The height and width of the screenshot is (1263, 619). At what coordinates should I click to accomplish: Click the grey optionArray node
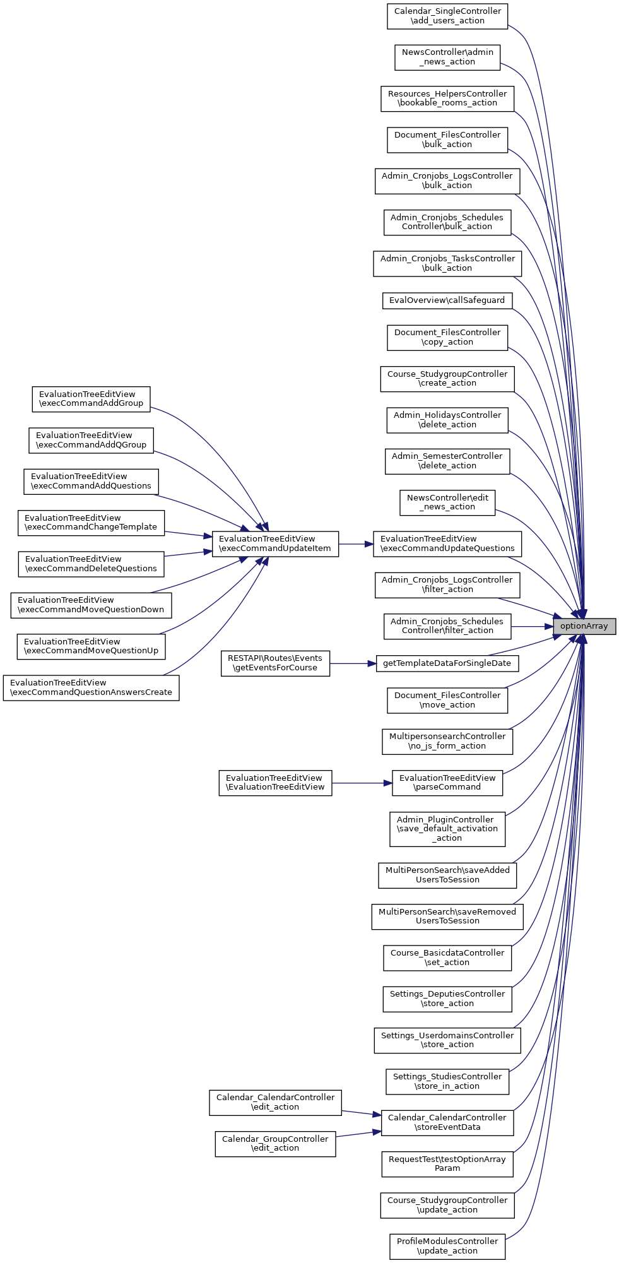[x=584, y=626]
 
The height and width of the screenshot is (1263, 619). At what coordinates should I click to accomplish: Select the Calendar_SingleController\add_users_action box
[x=447, y=16]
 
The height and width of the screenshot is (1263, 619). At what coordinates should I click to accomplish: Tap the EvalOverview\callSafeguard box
[x=447, y=300]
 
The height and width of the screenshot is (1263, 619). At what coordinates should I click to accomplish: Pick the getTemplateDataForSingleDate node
[x=447, y=663]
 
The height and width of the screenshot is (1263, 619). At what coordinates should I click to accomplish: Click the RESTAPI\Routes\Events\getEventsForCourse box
[x=275, y=663]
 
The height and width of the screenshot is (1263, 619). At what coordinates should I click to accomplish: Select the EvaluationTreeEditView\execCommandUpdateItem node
[x=275, y=543]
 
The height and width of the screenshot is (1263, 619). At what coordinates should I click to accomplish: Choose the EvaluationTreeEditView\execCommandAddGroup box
[x=91, y=399]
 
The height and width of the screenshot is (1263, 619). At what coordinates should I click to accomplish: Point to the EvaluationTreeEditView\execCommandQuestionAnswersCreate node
[x=91, y=687]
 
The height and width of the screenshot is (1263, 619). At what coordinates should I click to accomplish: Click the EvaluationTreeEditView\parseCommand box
[x=447, y=783]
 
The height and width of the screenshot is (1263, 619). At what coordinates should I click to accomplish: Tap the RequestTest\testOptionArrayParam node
[x=447, y=1164]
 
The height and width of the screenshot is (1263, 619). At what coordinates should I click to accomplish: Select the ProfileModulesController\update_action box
[x=447, y=1246]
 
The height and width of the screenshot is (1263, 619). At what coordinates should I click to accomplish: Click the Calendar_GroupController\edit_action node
[x=275, y=1144]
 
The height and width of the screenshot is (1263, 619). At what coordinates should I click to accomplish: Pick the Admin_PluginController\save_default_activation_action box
[x=447, y=829]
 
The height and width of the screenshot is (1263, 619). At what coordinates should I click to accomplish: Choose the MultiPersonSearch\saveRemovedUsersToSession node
[x=447, y=916]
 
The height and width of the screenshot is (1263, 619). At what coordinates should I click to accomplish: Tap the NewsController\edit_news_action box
[x=447, y=502]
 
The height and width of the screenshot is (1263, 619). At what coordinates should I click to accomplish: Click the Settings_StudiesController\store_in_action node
[x=447, y=1081]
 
